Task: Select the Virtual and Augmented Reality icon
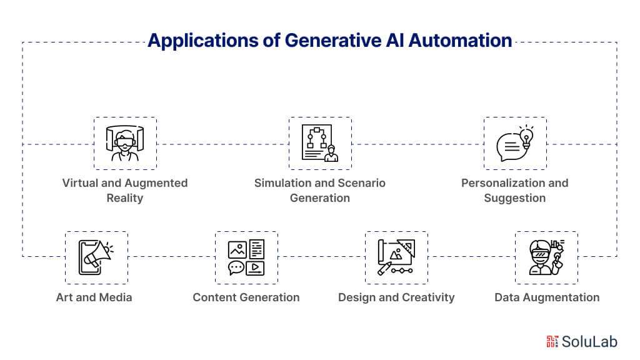pos(125,143)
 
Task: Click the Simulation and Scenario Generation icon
pos(320,143)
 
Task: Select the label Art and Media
pos(94,297)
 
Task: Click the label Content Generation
pos(246,297)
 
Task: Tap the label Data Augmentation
pos(547,297)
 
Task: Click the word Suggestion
pos(514,198)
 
